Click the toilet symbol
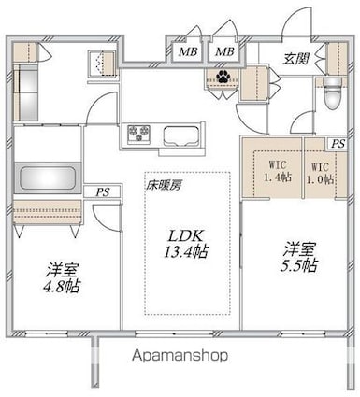pyautogui.click(x=333, y=93)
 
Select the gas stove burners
pyautogui.click(x=138, y=134)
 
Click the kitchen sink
pyautogui.click(x=181, y=136)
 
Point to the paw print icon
pyautogui.click(x=223, y=76)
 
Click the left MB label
pyautogui.click(x=188, y=51)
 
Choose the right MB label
pyautogui.click(x=224, y=51)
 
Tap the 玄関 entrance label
pyautogui.click(x=296, y=58)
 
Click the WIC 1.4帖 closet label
pyautogui.click(x=278, y=171)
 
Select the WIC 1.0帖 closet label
pyautogui.click(x=320, y=173)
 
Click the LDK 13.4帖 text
pyautogui.click(x=186, y=244)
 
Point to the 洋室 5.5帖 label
pyautogui.click(x=298, y=258)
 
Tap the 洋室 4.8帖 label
pyautogui.click(x=62, y=277)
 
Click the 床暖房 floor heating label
pyautogui.click(x=164, y=186)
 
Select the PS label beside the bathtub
pyautogui.click(x=103, y=192)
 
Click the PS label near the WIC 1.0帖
pyautogui.click(x=338, y=144)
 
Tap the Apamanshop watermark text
pyautogui.click(x=180, y=356)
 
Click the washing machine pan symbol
pyautogui.click(x=102, y=64)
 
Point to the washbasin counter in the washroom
pyautogui.click(x=26, y=92)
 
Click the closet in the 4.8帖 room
pyautogui.click(x=48, y=212)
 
